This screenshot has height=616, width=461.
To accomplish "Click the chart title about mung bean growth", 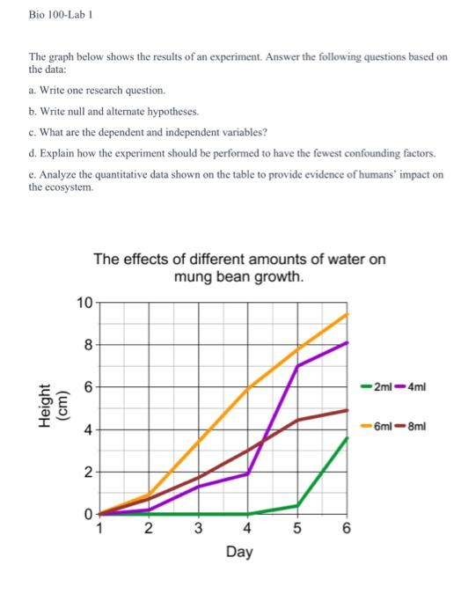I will [x=238, y=268].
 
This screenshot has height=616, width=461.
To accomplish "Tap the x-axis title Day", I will [x=238, y=553].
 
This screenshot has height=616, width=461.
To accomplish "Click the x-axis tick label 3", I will [x=198, y=530].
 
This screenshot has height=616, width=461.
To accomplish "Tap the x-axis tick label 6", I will [x=347, y=530].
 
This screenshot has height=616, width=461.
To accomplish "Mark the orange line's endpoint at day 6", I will [x=348, y=314].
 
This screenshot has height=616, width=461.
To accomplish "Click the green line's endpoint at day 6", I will [x=348, y=438].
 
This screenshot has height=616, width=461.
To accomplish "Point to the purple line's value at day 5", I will [x=298, y=365].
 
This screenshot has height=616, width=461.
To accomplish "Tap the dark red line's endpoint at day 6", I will [x=348, y=410].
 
